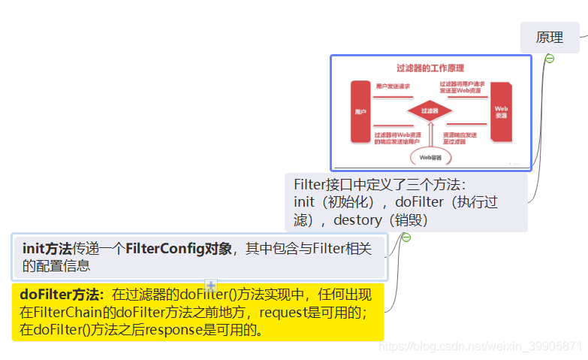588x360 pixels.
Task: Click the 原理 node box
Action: click(x=550, y=38)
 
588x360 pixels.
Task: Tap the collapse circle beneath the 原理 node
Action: click(x=550, y=59)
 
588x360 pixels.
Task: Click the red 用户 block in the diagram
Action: click(x=360, y=111)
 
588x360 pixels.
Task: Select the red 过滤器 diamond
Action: click(x=430, y=111)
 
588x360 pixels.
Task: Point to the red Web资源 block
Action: click(x=501, y=111)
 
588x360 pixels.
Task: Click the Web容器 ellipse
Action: click(x=430, y=157)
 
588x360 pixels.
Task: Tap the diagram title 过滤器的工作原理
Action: click(x=430, y=68)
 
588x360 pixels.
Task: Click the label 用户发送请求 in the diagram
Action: click(x=393, y=86)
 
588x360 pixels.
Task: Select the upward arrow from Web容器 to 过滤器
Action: click(x=430, y=135)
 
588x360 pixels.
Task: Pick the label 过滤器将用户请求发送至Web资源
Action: click(x=465, y=87)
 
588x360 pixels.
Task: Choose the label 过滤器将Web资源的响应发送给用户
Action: click(x=397, y=138)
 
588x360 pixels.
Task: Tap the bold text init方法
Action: click(x=47, y=249)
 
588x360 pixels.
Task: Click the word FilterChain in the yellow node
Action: click(x=75, y=311)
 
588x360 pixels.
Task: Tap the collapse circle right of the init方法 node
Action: click(x=406, y=237)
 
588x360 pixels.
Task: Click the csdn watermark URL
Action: click(x=481, y=346)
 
